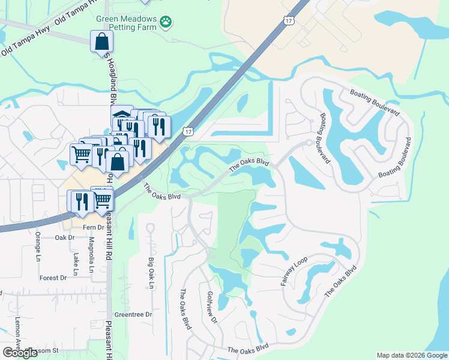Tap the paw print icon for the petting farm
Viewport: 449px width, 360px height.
[166, 23]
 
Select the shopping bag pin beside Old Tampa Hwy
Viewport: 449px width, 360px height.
[101, 42]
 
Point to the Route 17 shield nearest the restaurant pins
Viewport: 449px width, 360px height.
[188, 131]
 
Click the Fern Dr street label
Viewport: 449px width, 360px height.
[94, 227]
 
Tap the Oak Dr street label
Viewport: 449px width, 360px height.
[64, 238]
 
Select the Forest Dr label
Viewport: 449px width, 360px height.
[53, 278]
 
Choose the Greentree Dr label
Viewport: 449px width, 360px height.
[133, 314]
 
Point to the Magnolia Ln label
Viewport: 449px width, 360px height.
[92, 255]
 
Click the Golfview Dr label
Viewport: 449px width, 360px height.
[212, 307]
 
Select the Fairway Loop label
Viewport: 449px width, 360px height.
[294, 270]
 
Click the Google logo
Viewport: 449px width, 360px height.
[20, 352]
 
